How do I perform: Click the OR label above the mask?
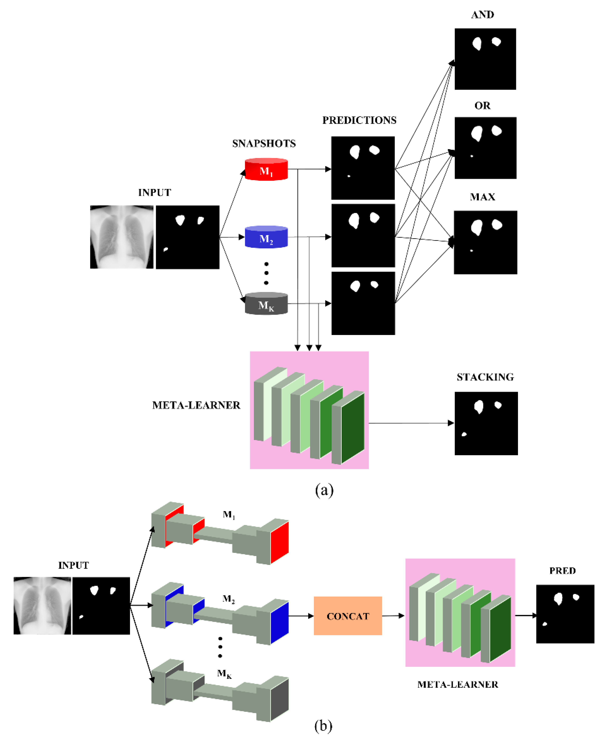[482, 106]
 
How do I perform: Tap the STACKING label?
[485, 377]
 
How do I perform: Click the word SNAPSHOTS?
[264, 144]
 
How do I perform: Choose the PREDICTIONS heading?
[359, 120]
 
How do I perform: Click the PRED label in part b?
[562, 571]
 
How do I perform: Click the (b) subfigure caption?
[323, 726]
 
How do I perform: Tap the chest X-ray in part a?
[122, 237]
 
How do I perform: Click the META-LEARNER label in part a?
[196, 405]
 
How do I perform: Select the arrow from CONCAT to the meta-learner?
[393, 616]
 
